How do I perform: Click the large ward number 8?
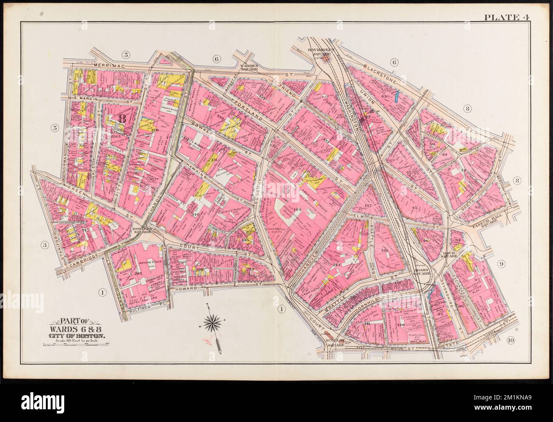[x=122, y=119]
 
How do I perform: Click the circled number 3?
[x=44, y=244]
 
